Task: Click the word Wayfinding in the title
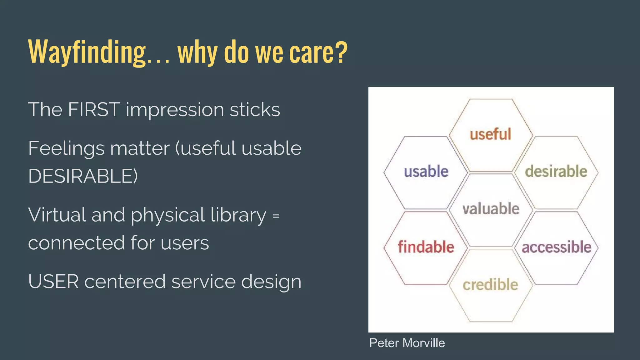coord(87,52)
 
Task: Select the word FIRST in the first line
coord(94,110)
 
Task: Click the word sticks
coord(255,110)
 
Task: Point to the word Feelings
coord(66,148)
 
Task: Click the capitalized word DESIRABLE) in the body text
coord(83,176)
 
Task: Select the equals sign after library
coord(276,216)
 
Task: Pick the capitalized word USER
coord(53,282)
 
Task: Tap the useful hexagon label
coord(490,134)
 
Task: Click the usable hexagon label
coord(426,172)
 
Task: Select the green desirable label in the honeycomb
coord(556,172)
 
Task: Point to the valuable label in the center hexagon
coord(491,209)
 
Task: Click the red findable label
coord(426,247)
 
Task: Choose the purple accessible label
coord(556,247)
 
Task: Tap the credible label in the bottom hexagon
coord(490,285)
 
